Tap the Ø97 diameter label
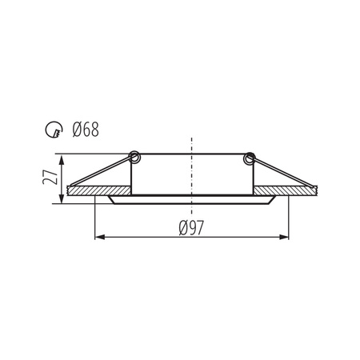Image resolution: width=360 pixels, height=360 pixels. coord(192,229)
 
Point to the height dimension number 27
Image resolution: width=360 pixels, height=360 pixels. coord(50,178)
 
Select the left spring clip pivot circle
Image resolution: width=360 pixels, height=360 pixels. coord(134,157)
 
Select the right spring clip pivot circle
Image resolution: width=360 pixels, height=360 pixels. coord(249,157)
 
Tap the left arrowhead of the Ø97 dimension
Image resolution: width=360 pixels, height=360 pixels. coord(99,237)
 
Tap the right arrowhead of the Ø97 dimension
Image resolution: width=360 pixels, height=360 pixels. coord(285,237)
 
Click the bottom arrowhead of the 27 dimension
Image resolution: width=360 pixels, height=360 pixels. coord(62,199)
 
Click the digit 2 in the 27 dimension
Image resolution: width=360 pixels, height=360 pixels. coord(50,183)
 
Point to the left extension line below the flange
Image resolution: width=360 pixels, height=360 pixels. coord(95,220)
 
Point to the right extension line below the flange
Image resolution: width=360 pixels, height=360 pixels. coord(289,220)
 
